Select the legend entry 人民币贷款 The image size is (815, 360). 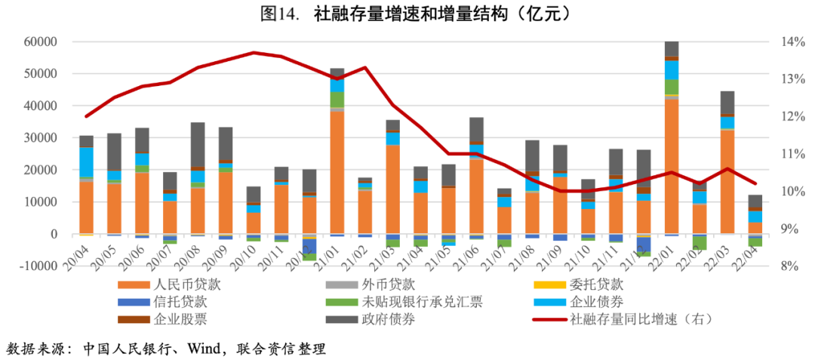click(184, 285)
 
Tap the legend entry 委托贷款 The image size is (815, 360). click(596, 285)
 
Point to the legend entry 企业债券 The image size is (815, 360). click(596, 302)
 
